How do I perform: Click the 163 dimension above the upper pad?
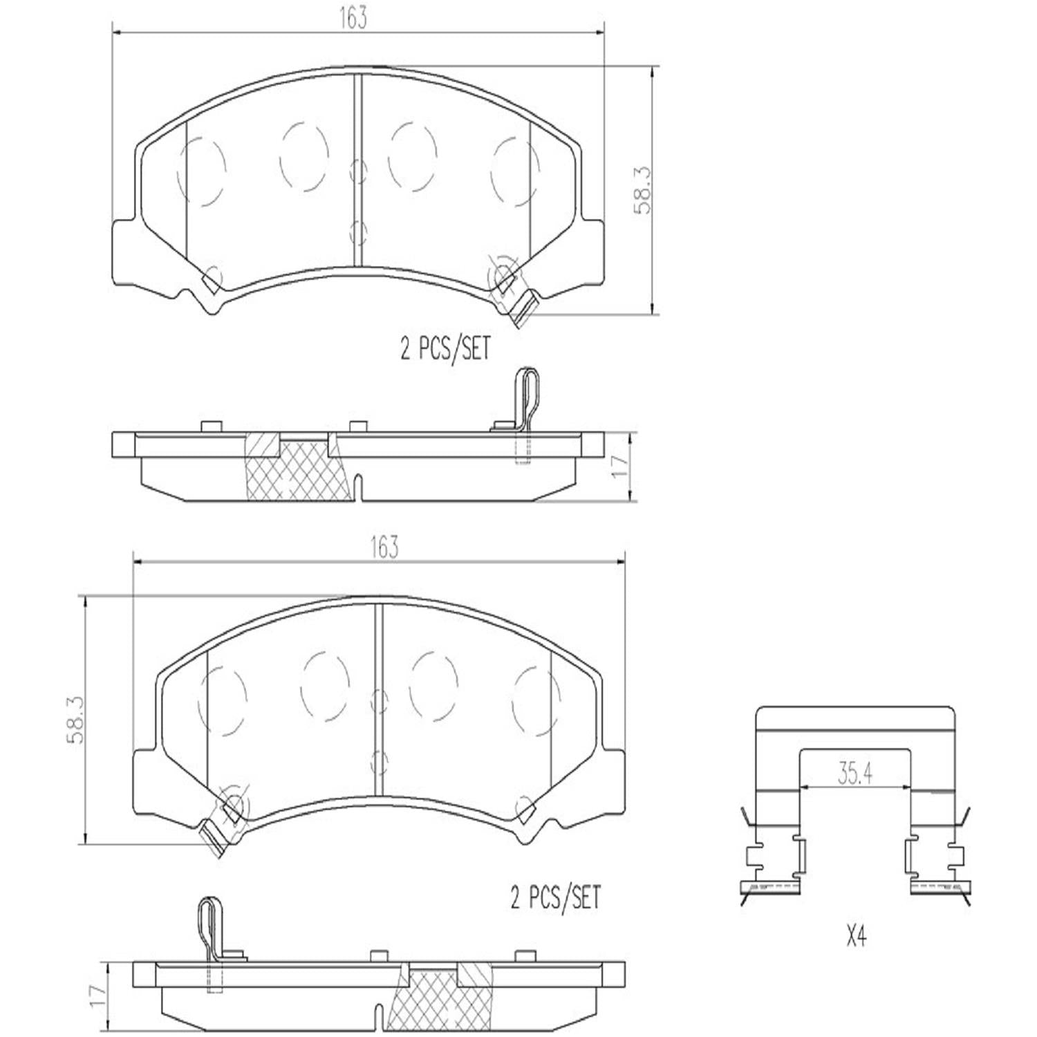coord(353,19)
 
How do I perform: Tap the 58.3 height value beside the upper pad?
coord(643,198)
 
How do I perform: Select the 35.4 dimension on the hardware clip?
coord(854,774)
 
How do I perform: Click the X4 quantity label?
coord(855,937)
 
